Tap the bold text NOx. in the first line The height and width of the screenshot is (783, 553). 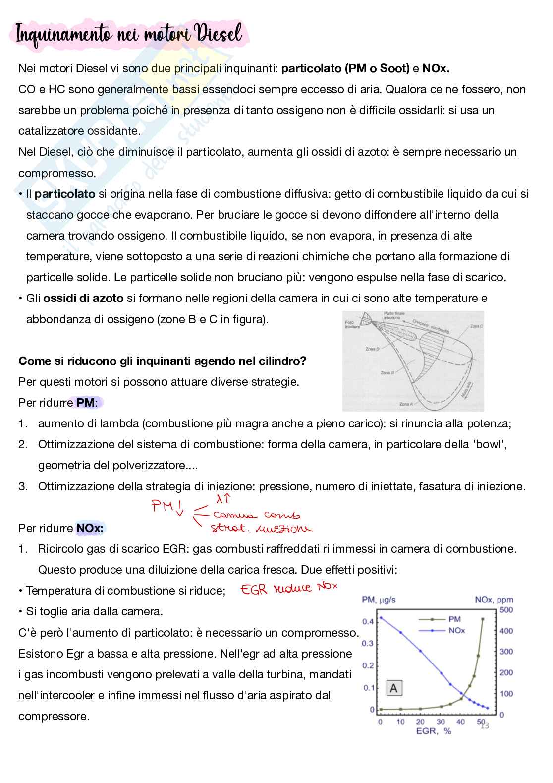(x=436, y=68)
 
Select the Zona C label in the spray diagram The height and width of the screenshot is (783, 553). (x=476, y=326)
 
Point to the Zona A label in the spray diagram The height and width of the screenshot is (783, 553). (x=406, y=404)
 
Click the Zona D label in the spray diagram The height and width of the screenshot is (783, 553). (x=372, y=349)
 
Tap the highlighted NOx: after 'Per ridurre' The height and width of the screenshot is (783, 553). (x=90, y=528)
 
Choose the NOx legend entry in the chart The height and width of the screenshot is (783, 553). (x=456, y=630)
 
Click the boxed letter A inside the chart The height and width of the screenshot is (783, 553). (x=394, y=688)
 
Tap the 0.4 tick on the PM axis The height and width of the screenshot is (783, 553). (x=368, y=621)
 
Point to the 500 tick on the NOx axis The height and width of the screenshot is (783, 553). (x=506, y=610)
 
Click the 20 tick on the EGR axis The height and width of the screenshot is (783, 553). (x=420, y=722)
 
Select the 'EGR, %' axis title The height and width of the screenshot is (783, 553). (x=434, y=731)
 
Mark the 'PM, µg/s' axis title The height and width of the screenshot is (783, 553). (x=379, y=600)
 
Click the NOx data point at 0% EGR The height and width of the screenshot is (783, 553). (x=381, y=617)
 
